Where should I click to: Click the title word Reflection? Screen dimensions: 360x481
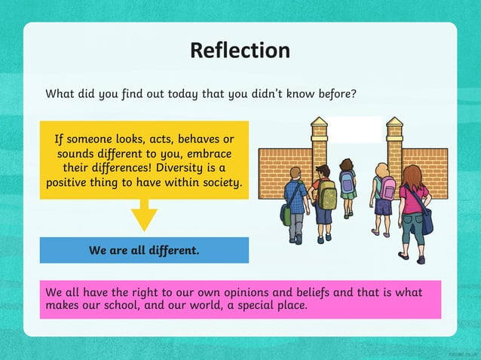click(x=240, y=50)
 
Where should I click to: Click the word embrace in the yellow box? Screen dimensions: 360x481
click(x=210, y=153)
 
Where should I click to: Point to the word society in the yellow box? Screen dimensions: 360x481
click(x=218, y=182)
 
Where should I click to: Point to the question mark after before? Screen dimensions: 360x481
click(x=353, y=94)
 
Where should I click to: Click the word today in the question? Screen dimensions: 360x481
click(x=189, y=94)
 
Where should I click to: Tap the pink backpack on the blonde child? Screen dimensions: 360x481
click(x=388, y=189)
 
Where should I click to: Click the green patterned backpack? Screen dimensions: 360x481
click(x=327, y=195)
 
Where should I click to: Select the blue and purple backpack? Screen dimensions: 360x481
click(x=347, y=182)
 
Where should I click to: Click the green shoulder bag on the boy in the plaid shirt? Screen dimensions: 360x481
click(x=286, y=215)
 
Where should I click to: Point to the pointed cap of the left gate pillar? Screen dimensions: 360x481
click(x=320, y=123)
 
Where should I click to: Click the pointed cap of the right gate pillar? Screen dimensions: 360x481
click(x=394, y=123)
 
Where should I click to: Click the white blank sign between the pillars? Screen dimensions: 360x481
click(x=357, y=130)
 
